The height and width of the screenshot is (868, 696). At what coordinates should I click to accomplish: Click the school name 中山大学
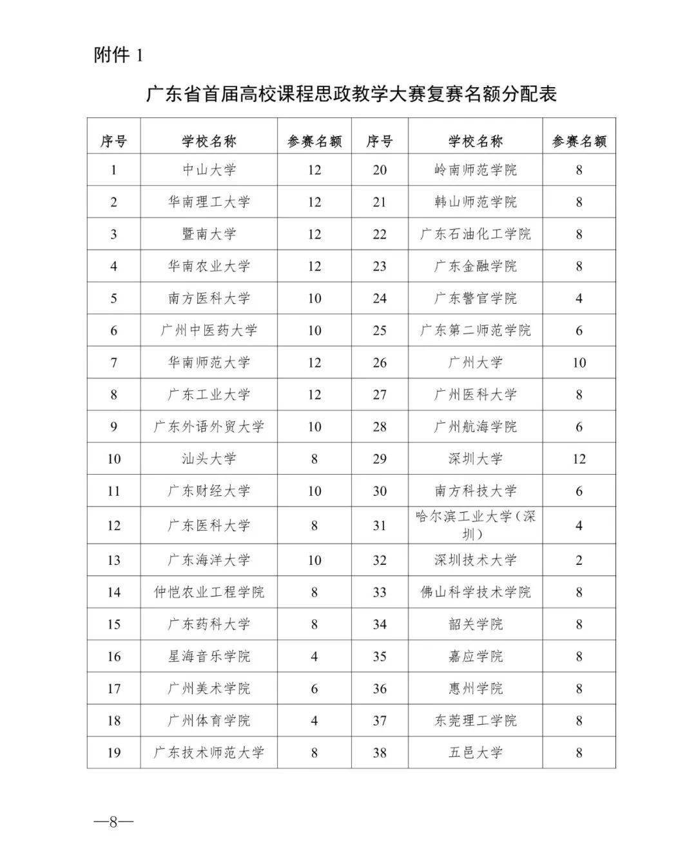[x=209, y=170]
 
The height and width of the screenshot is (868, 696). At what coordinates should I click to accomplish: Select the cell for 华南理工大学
[x=209, y=202]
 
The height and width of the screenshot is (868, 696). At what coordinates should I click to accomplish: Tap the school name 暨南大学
[x=209, y=234]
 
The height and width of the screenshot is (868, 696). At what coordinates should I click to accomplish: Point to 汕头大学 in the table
[x=209, y=459]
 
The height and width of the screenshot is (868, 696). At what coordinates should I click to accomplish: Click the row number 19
[x=114, y=753]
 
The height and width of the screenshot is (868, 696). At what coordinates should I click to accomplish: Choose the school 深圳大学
[x=476, y=459]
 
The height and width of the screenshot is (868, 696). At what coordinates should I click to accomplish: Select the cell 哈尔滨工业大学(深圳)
[x=476, y=525]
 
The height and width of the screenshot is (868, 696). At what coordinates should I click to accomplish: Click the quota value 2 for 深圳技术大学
[x=579, y=560]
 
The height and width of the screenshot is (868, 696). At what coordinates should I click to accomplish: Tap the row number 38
[x=380, y=753]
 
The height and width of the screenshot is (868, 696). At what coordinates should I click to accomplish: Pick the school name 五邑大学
[x=476, y=753]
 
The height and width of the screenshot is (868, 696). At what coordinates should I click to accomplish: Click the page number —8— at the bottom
[x=113, y=822]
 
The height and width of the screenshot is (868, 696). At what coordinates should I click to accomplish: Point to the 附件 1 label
[x=118, y=55]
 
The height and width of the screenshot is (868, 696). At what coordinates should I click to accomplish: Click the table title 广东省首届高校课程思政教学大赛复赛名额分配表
[x=351, y=94]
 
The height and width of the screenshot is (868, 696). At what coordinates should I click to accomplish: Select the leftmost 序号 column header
[x=114, y=141]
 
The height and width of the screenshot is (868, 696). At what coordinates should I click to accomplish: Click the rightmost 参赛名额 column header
[x=579, y=141]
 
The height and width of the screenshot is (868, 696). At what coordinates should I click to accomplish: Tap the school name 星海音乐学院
[x=209, y=656]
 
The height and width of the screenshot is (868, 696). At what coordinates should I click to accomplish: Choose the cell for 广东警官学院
[x=476, y=299]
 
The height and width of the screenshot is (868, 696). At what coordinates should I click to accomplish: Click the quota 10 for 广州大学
[x=579, y=362]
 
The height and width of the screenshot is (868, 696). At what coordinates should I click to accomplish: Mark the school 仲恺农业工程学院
[x=209, y=592]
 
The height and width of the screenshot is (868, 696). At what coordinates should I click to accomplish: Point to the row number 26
[x=380, y=362]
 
